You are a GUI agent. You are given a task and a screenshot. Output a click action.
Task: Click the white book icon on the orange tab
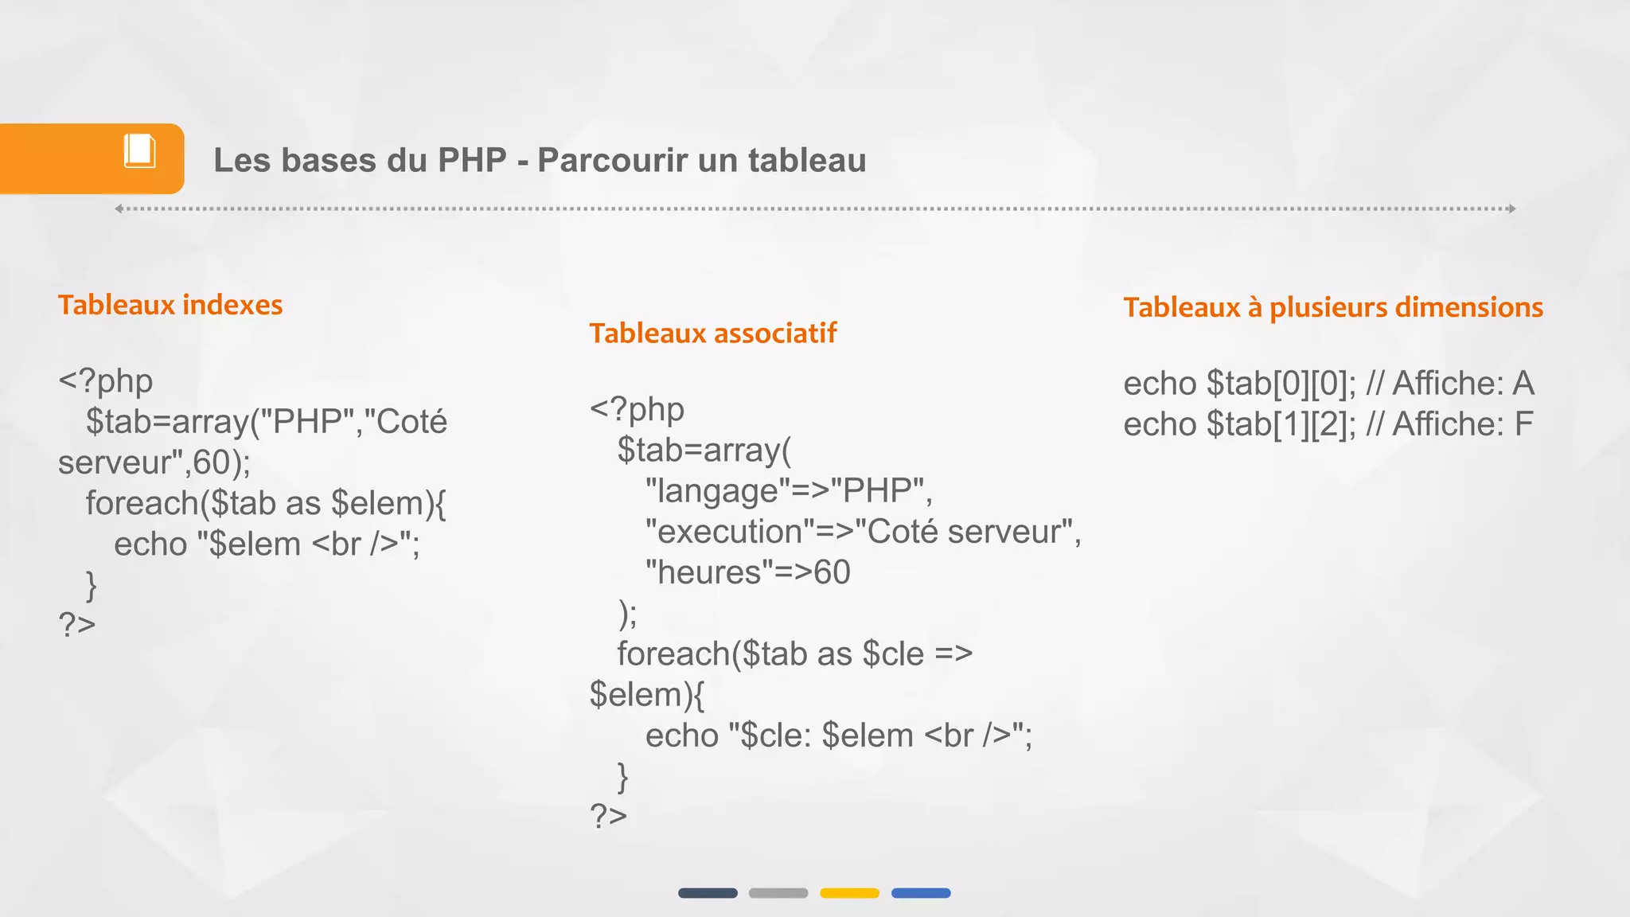click(x=139, y=150)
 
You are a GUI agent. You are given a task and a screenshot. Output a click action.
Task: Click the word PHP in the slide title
click(x=472, y=160)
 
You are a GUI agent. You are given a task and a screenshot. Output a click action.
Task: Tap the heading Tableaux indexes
click(x=170, y=305)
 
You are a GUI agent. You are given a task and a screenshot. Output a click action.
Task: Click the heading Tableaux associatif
click(x=712, y=334)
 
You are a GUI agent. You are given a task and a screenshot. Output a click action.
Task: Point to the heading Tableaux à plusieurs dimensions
click(x=1333, y=307)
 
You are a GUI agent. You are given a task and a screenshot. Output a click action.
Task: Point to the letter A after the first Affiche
click(x=1523, y=384)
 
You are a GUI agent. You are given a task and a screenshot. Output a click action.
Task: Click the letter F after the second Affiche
click(x=1523, y=424)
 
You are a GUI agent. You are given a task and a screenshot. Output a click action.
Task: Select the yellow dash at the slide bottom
click(x=849, y=893)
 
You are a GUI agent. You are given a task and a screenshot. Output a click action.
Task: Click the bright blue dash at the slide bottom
click(x=921, y=893)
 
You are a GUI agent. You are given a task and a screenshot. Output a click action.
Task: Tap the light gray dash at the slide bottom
click(x=778, y=893)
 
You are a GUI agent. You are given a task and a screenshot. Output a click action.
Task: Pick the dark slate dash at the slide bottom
click(x=708, y=893)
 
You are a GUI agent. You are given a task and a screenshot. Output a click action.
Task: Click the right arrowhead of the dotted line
click(x=1511, y=209)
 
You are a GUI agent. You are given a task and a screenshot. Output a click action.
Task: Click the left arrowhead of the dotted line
click(x=119, y=209)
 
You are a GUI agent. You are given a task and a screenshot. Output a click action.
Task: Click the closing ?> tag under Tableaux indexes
click(x=77, y=624)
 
